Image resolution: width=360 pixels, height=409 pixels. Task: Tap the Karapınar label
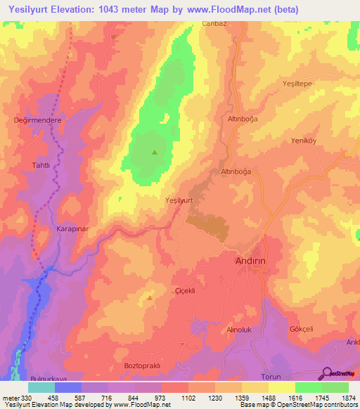[x=71, y=229]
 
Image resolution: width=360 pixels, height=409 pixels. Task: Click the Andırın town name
[x=251, y=260]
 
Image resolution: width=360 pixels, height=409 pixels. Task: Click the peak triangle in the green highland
[x=155, y=152]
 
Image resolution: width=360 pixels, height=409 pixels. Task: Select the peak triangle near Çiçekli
[x=150, y=298]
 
